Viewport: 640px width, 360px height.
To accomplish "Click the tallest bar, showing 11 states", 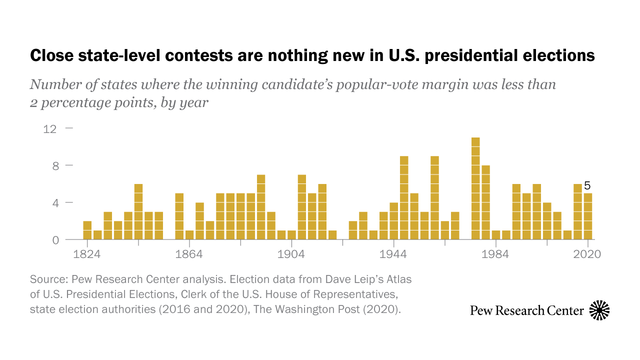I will click(x=475, y=188).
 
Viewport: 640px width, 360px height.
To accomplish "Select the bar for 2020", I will click(x=588, y=216).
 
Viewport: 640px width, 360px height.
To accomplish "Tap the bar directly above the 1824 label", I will click(x=87, y=230).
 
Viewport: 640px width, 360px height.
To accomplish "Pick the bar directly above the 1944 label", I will click(x=394, y=221).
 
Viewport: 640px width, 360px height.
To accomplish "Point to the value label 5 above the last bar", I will click(x=587, y=186).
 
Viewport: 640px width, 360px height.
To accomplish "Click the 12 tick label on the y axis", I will click(x=50, y=128).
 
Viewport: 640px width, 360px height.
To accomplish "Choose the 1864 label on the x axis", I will click(x=189, y=254).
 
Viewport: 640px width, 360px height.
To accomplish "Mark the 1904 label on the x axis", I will click(x=291, y=254).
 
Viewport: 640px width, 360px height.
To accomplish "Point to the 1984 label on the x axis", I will click(x=495, y=254).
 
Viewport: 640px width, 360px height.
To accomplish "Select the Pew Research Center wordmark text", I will click(x=527, y=310).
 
